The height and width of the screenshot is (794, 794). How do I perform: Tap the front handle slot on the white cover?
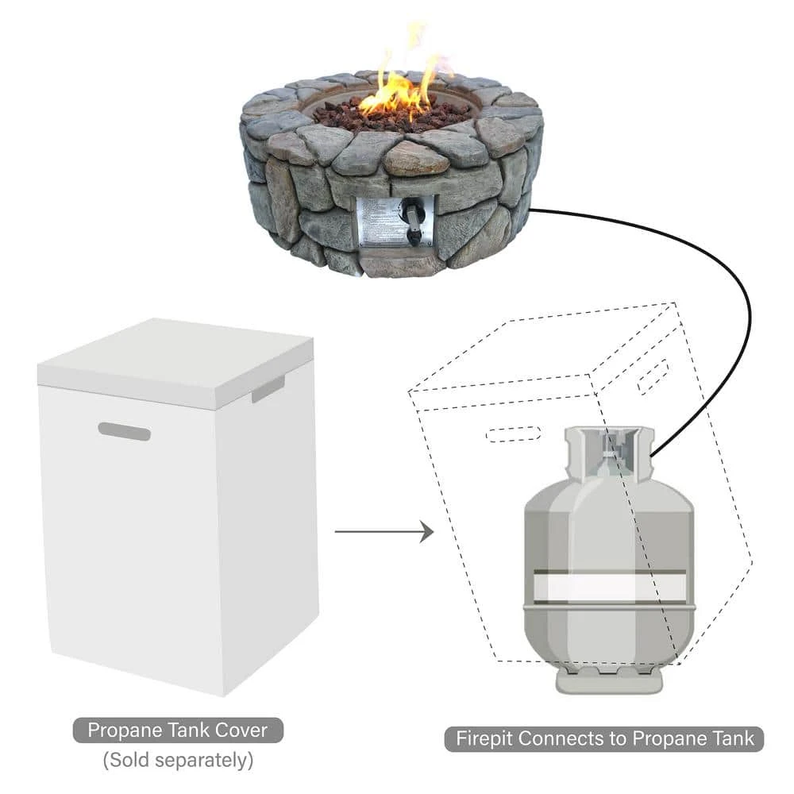pos(125,432)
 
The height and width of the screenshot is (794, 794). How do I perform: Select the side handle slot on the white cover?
pos(268,388)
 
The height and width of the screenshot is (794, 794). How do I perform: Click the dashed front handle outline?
pos(512,434)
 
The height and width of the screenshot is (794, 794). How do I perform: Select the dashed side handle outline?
pos(653,376)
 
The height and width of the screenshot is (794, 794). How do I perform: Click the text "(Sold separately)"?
pos(178,760)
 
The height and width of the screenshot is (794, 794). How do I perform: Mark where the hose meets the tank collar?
pos(652,455)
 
